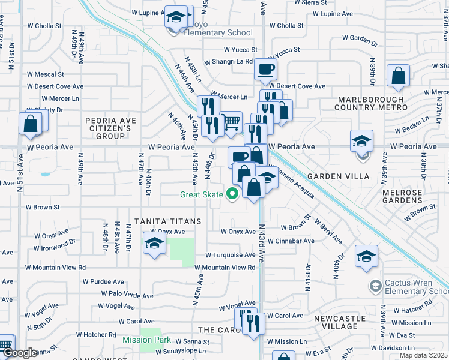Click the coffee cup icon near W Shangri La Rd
pos(265,69)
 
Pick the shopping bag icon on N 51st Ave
pos(30,123)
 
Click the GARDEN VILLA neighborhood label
pos(333,177)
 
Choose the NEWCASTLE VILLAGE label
pos(339,322)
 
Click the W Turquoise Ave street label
pos(231,255)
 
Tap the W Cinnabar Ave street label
pos(291,241)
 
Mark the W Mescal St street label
pos(46,74)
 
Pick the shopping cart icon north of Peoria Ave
pos(232,122)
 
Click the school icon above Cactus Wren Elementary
pos(366,256)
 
